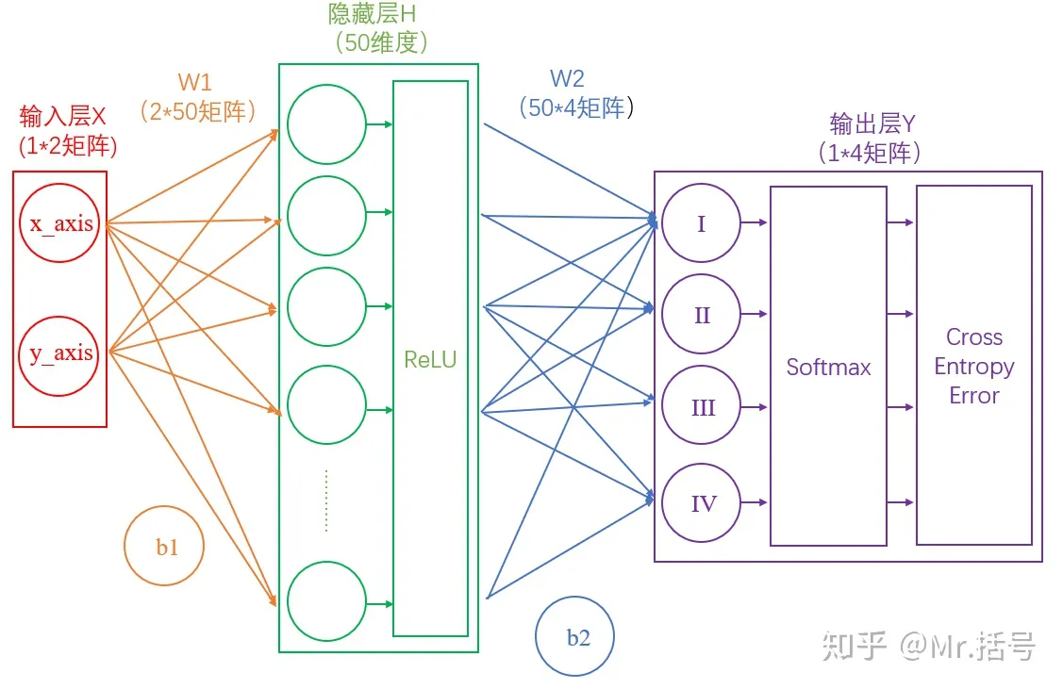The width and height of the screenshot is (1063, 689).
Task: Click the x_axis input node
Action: [61, 224]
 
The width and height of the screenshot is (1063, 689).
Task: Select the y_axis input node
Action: [61, 353]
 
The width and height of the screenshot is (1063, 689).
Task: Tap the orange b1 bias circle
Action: [165, 547]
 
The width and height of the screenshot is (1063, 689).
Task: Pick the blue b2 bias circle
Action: [575, 637]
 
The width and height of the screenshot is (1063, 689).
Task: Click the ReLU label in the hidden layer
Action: [430, 359]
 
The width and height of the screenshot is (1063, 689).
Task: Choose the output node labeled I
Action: [701, 223]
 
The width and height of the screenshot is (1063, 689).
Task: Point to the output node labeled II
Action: [701, 315]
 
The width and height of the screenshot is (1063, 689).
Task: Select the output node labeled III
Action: [701, 408]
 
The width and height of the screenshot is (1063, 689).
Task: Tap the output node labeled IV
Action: [701, 503]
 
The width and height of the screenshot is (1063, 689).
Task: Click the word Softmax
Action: [828, 367]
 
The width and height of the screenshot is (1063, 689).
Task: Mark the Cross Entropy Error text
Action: [973, 367]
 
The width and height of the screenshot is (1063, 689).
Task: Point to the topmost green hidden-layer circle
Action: [326, 123]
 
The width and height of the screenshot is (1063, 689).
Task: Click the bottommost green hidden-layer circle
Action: [326, 602]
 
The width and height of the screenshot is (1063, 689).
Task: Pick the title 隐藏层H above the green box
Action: [372, 14]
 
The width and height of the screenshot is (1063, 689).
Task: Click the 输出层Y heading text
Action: [872, 123]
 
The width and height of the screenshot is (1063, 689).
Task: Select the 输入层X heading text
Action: [63, 117]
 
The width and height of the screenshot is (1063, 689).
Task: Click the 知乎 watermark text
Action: [854, 647]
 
